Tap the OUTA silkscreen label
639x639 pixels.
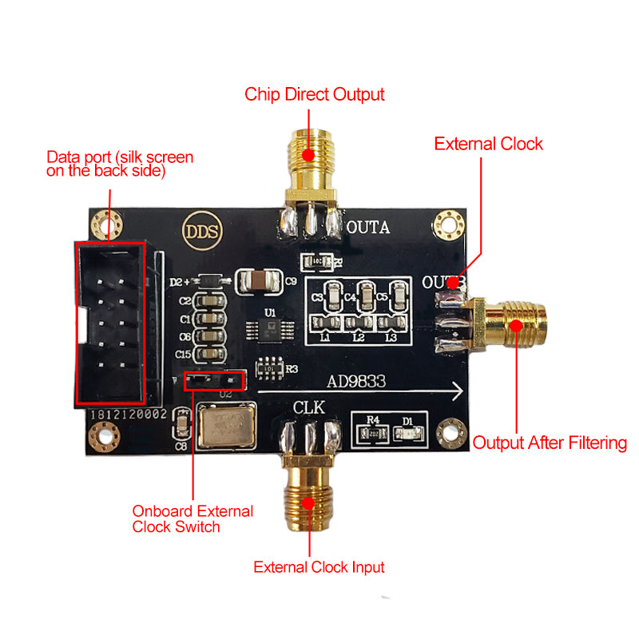point(367,228)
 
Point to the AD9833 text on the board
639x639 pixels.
point(357,382)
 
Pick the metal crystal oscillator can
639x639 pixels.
point(227,427)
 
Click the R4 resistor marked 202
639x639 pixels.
point(372,433)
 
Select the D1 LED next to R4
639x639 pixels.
point(408,433)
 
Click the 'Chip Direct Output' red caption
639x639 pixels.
point(315,94)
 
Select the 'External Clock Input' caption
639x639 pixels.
point(319,567)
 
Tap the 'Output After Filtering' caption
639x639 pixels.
point(550,443)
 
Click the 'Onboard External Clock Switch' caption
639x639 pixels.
point(192,518)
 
